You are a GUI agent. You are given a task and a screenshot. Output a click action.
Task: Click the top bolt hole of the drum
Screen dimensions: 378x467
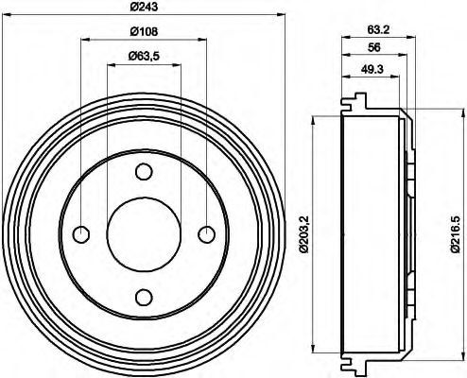tap(143, 172)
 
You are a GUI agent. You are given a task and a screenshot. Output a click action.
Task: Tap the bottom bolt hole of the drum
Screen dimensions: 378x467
tap(143, 297)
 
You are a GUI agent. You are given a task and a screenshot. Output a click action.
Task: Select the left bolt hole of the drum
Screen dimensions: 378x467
tap(80, 234)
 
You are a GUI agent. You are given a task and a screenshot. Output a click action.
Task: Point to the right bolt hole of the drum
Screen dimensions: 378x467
tap(205, 234)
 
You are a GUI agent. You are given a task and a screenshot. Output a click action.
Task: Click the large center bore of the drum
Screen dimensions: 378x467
tap(143, 234)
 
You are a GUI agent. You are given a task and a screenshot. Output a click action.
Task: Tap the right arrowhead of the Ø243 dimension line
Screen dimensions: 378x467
tap(280, 15)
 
